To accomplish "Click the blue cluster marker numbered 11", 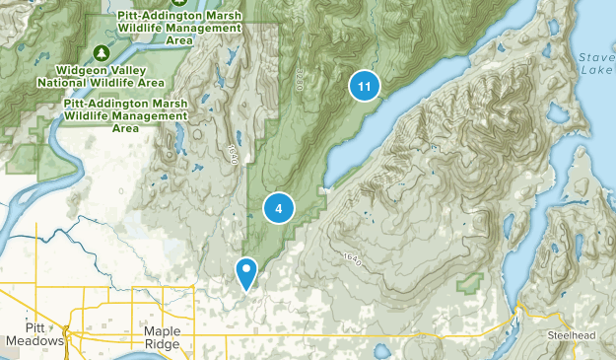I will (x=365, y=87).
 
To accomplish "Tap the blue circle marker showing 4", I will (x=279, y=208).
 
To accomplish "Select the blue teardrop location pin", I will (x=246, y=270).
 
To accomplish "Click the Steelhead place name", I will (x=572, y=336).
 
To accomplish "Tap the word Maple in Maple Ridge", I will (x=162, y=331).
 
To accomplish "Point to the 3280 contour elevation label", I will (x=297, y=80).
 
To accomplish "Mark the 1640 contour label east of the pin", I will (x=352, y=258).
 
